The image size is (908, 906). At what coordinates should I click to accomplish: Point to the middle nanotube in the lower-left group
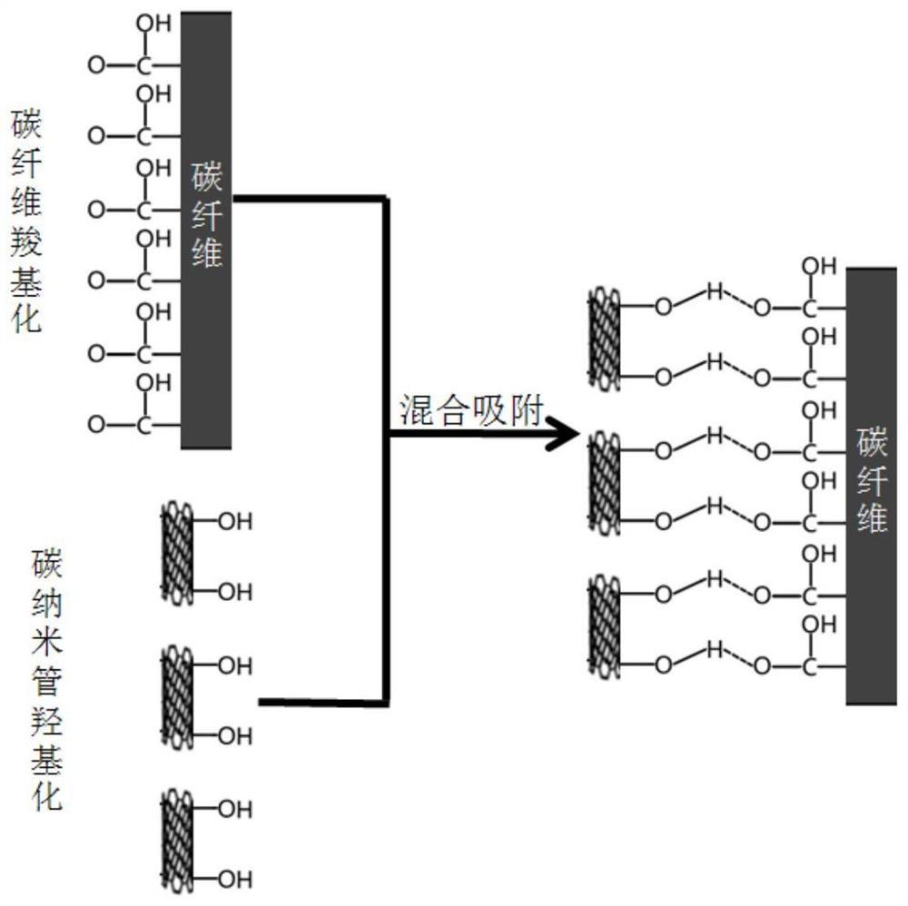point(178,700)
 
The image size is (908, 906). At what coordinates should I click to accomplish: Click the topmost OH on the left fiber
point(153,24)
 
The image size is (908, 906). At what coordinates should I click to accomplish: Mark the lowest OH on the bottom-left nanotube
point(235,879)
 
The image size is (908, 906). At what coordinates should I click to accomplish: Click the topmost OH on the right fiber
point(819,265)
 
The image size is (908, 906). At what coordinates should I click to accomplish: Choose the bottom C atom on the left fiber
point(143,425)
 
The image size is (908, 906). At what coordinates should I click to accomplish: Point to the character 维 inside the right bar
point(872,519)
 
